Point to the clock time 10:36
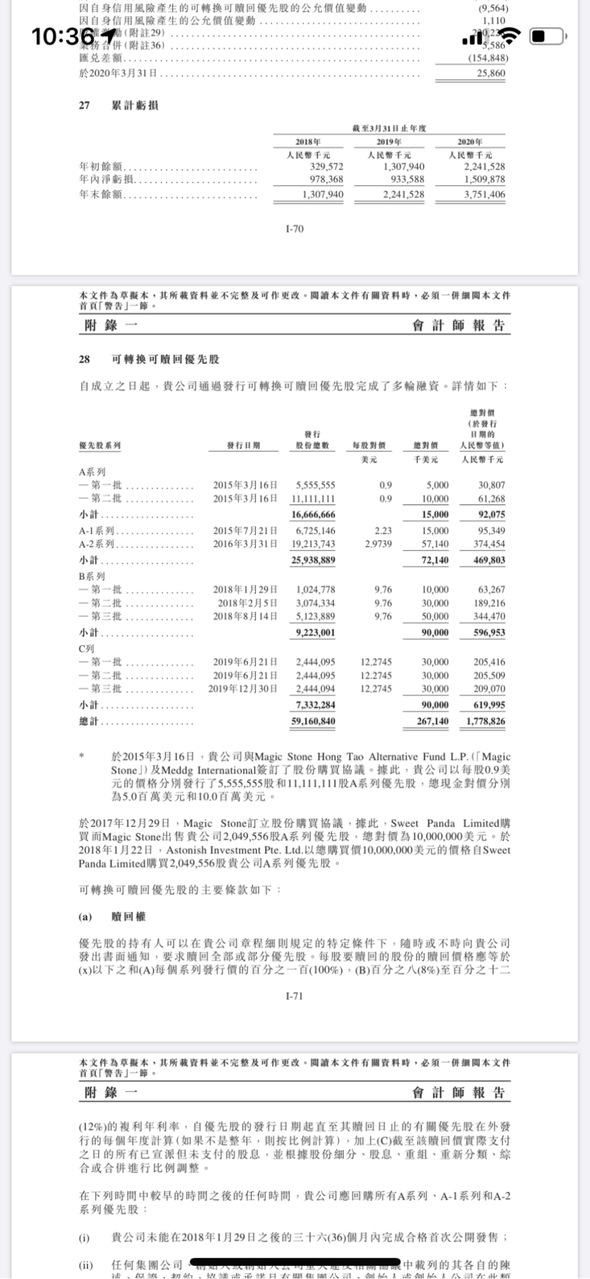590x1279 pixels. (x=57, y=37)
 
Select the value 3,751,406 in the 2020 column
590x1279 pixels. (x=484, y=194)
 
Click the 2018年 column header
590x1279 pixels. (x=308, y=142)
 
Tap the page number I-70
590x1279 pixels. (x=295, y=229)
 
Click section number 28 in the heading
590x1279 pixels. (x=84, y=359)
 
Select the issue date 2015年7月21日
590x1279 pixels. (x=245, y=531)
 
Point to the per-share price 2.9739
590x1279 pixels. (x=378, y=544)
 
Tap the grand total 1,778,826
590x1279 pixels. (x=486, y=721)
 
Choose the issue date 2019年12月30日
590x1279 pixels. (x=243, y=688)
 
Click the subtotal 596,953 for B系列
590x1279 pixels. (x=489, y=632)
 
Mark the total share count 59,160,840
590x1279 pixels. (x=313, y=721)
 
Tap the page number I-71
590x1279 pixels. (x=295, y=996)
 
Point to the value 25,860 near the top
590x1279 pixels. (x=491, y=73)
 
